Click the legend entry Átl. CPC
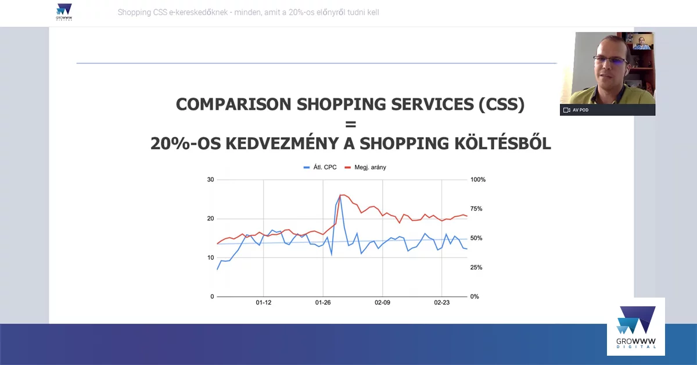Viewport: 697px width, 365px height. pyautogui.click(x=320, y=167)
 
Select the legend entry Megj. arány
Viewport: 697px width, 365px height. pyautogui.click(x=366, y=167)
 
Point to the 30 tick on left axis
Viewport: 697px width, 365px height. pyautogui.click(x=210, y=180)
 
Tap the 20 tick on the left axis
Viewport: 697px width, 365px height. pyautogui.click(x=210, y=219)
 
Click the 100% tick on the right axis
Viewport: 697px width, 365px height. pyautogui.click(x=477, y=180)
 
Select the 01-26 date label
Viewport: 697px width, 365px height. pyautogui.click(x=323, y=303)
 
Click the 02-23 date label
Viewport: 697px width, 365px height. pyautogui.click(x=442, y=303)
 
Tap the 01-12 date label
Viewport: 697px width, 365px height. pyautogui.click(x=264, y=303)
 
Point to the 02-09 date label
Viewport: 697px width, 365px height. pyautogui.click(x=382, y=303)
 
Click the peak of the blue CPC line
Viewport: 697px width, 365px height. pyautogui.click(x=340, y=196)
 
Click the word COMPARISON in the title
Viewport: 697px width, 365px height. pyautogui.click(x=234, y=105)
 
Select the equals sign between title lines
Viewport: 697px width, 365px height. pyautogui.click(x=350, y=124)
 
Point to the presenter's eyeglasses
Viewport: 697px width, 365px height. pyautogui.click(x=610, y=60)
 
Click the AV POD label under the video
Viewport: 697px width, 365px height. pyautogui.click(x=580, y=110)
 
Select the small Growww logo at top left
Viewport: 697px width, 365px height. pyautogui.click(x=64, y=12)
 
